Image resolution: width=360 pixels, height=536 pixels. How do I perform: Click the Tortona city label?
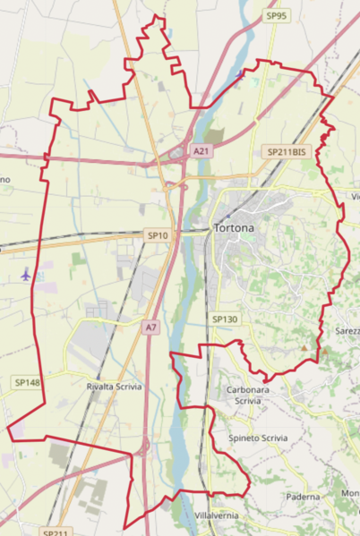[235, 228]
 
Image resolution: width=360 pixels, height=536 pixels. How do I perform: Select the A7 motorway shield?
[150, 328]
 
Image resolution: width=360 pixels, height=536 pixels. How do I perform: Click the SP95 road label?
[277, 15]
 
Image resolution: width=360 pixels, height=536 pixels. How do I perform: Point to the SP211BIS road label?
[287, 152]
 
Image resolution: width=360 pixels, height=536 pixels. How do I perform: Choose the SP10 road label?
[157, 234]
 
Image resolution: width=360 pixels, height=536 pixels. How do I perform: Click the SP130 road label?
[225, 319]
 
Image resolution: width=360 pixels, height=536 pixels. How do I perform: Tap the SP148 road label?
[28, 382]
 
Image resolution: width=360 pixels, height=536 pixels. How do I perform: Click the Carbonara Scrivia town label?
[248, 396]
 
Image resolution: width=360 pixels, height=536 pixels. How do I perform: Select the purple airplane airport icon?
[25, 274]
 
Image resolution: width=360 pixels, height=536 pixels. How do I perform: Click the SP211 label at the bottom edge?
[55, 532]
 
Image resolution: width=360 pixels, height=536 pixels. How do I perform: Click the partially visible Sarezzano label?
[347, 330]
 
